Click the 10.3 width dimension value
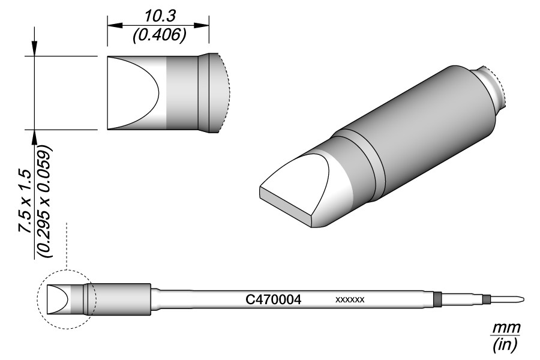pyautogui.click(x=160, y=16)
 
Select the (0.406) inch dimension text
pyautogui.click(x=160, y=35)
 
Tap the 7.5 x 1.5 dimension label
pyautogui.click(x=26, y=200)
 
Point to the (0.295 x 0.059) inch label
pyautogui.click(x=45, y=201)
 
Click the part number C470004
pyautogui.click(x=274, y=300)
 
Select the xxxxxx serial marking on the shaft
pyautogui.click(x=350, y=300)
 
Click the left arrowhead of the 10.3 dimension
pyautogui.click(x=115, y=25)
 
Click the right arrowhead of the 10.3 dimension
pyautogui.click(x=202, y=25)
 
